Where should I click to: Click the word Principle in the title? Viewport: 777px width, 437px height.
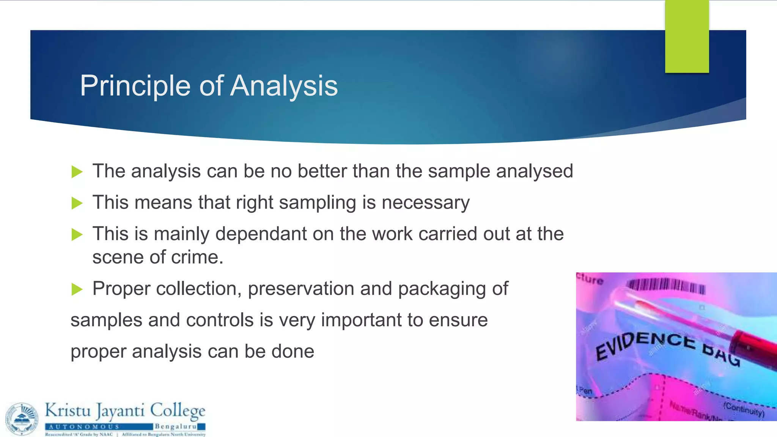coord(135,86)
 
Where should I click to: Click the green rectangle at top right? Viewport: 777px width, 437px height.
coord(687,36)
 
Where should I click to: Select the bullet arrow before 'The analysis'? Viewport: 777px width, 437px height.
coord(77,172)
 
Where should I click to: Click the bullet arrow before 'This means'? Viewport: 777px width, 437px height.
coord(77,203)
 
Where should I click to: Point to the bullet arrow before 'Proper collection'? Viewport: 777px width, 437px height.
coord(77,289)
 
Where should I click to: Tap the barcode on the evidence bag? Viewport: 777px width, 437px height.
coord(666,286)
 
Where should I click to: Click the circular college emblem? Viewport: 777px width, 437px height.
coord(22,419)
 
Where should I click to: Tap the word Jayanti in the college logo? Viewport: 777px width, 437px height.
coord(120,411)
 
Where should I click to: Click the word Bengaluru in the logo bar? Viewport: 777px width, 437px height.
coord(175,427)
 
